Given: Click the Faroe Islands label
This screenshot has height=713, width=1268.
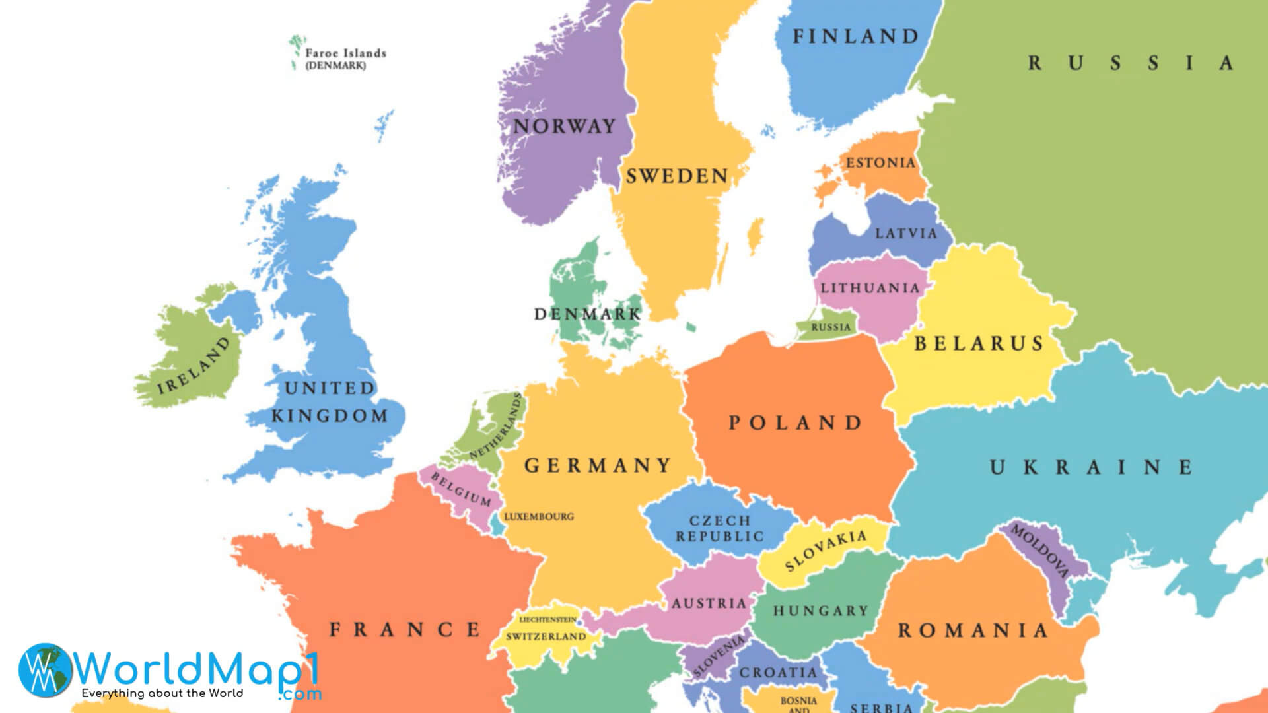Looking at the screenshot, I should tap(345, 53).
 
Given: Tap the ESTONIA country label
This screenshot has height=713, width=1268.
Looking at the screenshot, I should tap(880, 163).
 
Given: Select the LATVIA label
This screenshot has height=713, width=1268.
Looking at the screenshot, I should tap(906, 234).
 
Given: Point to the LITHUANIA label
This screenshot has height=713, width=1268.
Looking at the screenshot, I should tap(870, 289).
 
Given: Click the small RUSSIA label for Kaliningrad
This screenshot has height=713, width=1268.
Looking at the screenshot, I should tap(831, 327).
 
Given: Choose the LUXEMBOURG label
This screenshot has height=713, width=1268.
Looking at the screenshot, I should tap(539, 517).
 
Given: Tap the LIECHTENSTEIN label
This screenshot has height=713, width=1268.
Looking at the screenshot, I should tap(547, 620).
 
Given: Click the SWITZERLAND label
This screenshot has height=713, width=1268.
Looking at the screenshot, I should tap(546, 637).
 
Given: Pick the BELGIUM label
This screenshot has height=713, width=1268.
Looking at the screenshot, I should tap(461, 489).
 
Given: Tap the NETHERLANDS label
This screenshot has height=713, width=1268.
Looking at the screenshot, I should tap(496, 426).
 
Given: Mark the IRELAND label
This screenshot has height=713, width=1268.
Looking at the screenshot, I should tap(194, 365).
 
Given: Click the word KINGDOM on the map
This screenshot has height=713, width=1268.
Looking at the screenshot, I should tap(329, 416).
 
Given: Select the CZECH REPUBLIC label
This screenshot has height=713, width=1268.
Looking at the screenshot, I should tap(720, 529).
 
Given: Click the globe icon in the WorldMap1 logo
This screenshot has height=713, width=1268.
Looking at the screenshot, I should tap(45, 670).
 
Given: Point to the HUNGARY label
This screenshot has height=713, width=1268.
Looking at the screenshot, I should tap(820, 611).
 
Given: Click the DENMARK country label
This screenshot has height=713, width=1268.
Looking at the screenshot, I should tap(587, 314).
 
